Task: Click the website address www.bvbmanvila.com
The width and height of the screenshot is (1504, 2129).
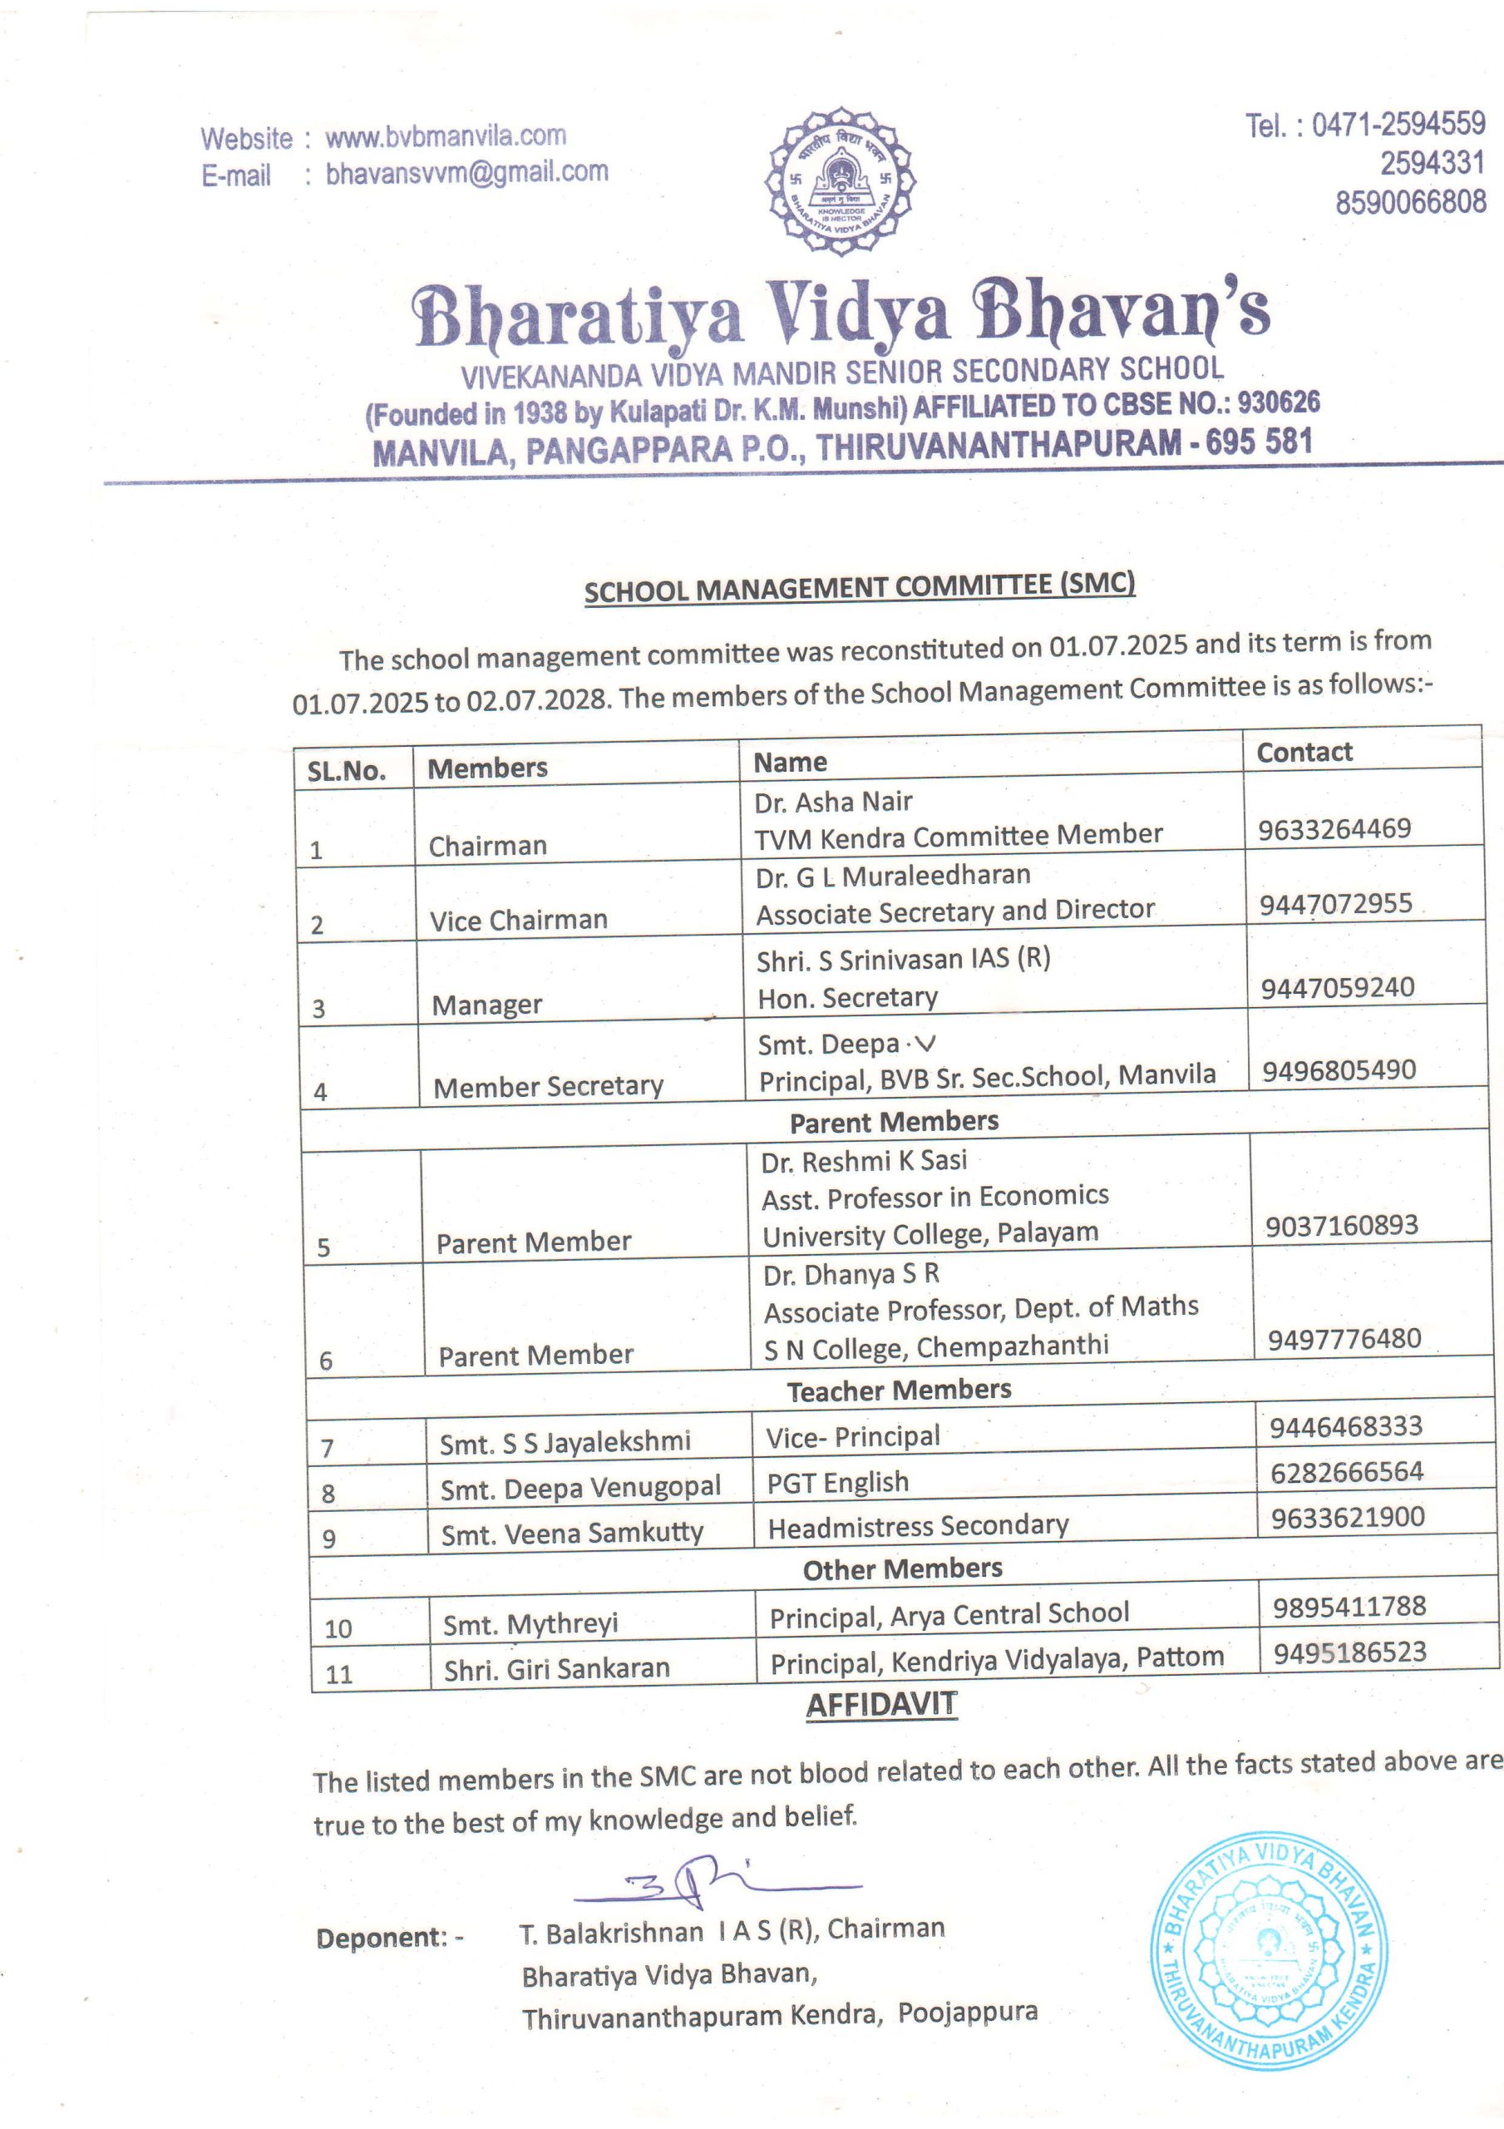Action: [445, 136]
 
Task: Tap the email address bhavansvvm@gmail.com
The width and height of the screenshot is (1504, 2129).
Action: [466, 172]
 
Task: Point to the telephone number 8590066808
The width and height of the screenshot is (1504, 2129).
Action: [1409, 202]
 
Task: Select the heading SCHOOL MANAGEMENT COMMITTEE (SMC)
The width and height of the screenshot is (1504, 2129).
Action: [859, 587]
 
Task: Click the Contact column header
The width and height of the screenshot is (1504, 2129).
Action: [1304, 752]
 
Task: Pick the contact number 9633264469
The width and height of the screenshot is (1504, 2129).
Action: [1334, 828]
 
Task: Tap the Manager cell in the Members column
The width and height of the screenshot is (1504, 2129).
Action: [487, 1005]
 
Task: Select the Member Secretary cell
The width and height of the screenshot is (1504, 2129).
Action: [548, 1087]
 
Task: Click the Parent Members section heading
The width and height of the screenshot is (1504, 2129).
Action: [894, 1122]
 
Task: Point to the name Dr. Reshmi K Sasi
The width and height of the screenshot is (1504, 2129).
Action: [863, 1161]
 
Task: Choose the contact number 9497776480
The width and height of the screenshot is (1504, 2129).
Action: [1344, 1339]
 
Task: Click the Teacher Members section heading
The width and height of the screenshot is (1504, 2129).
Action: [899, 1390]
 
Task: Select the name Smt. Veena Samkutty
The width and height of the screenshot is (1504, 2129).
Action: [572, 1534]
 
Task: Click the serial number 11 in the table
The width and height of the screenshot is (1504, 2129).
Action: [338, 1674]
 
